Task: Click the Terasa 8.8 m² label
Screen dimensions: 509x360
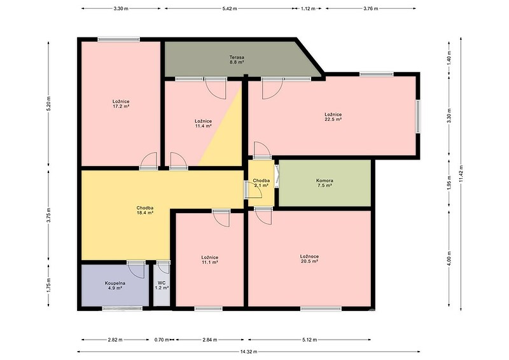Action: [x=237, y=59]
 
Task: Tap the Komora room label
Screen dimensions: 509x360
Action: [x=324, y=183]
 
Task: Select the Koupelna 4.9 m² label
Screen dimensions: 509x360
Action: [x=115, y=286]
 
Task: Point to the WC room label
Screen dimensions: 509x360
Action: [x=162, y=286]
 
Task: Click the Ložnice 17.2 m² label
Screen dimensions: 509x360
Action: [x=121, y=104]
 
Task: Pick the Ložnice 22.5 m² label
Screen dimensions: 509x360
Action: [x=333, y=116]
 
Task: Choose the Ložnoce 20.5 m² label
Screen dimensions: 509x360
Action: [x=309, y=258]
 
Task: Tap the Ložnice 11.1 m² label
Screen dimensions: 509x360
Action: [x=210, y=260]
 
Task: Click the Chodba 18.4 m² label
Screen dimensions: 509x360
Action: [x=145, y=210]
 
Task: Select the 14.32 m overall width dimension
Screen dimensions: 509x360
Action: [x=249, y=352]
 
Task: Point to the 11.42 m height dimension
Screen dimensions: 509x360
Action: [x=461, y=174]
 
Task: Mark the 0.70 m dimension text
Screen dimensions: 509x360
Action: [x=162, y=340]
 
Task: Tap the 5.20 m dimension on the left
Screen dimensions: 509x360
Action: [x=49, y=104]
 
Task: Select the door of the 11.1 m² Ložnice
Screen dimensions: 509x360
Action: [x=221, y=218]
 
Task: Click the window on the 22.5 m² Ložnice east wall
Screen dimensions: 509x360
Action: [x=418, y=116]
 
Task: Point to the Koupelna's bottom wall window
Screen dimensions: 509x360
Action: [x=122, y=308]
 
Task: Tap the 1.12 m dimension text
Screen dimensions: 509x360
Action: [x=308, y=9]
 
